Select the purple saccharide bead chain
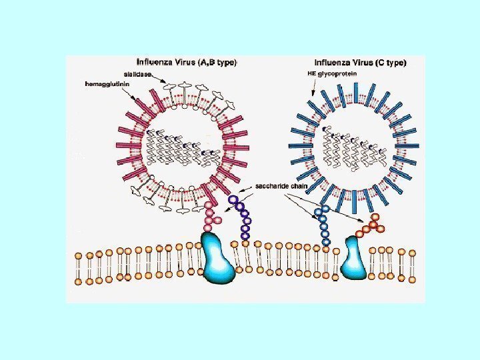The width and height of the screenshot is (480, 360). [243, 216]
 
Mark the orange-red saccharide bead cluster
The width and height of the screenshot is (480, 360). [371, 225]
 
